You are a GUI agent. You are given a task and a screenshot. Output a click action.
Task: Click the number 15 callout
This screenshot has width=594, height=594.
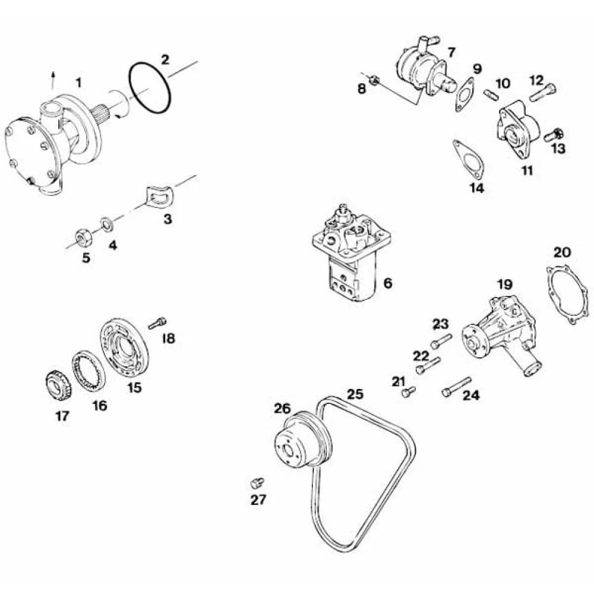click(x=135, y=387)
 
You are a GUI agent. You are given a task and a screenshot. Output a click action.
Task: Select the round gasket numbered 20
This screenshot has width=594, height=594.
click(x=568, y=295)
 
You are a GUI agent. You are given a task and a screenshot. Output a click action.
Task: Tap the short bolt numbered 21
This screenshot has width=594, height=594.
click(x=409, y=391)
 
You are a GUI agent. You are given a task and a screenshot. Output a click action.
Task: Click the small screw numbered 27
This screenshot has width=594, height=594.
click(x=257, y=482)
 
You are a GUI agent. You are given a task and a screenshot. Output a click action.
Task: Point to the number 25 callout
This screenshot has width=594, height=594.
click(x=355, y=394)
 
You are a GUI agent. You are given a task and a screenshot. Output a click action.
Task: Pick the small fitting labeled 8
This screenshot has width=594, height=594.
click(x=374, y=80)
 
